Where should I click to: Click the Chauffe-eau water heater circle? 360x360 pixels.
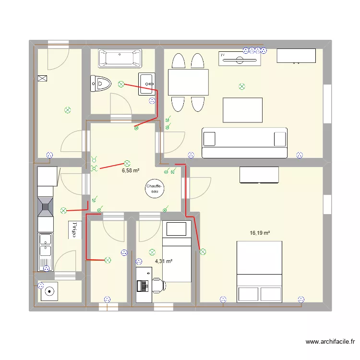tap(155, 188)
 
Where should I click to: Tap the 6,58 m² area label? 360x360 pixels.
tap(131, 170)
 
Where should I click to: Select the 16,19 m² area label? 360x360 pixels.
tap(259, 233)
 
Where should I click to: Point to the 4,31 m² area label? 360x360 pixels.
tap(163, 262)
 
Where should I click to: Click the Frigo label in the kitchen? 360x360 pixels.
tap(74, 230)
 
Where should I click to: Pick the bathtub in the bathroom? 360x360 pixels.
tap(120, 59)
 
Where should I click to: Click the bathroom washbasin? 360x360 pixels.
tap(147, 84)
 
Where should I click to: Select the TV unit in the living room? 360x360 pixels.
tap(240, 58)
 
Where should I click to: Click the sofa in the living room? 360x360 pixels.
tap(245, 143)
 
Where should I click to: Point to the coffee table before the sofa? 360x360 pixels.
tap(242, 110)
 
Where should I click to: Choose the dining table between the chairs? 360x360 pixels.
tap(188, 82)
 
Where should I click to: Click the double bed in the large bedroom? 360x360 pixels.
tap(259, 271)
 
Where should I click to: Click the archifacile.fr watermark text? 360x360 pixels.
tap(330, 342)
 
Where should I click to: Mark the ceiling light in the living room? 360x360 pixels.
tap(242, 87)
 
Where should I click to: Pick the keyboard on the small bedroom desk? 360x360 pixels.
tap(143, 286)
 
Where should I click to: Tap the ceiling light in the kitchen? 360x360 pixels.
tap(63, 210)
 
